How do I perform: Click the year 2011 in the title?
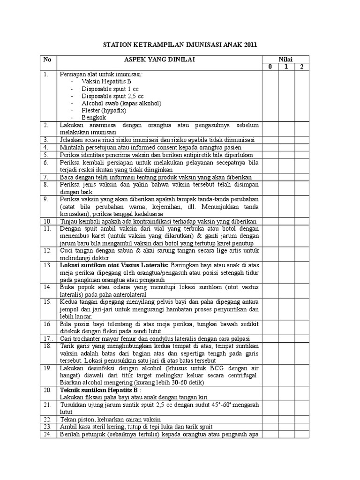(x=249, y=45)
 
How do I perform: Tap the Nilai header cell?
(x=285, y=59)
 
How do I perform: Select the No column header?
(x=47, y=60)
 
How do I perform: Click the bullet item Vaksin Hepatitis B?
(x=106, y=81)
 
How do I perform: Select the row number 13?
(x=47, y=265)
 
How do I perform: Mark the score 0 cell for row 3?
(x=270, y=140)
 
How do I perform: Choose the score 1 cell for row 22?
(x=286, y=419)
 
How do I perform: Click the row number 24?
(x=47, y=434)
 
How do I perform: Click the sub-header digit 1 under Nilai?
(x=286, y=67)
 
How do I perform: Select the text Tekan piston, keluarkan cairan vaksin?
(x=117, y=419)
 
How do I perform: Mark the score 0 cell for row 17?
(x=270, y=338)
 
